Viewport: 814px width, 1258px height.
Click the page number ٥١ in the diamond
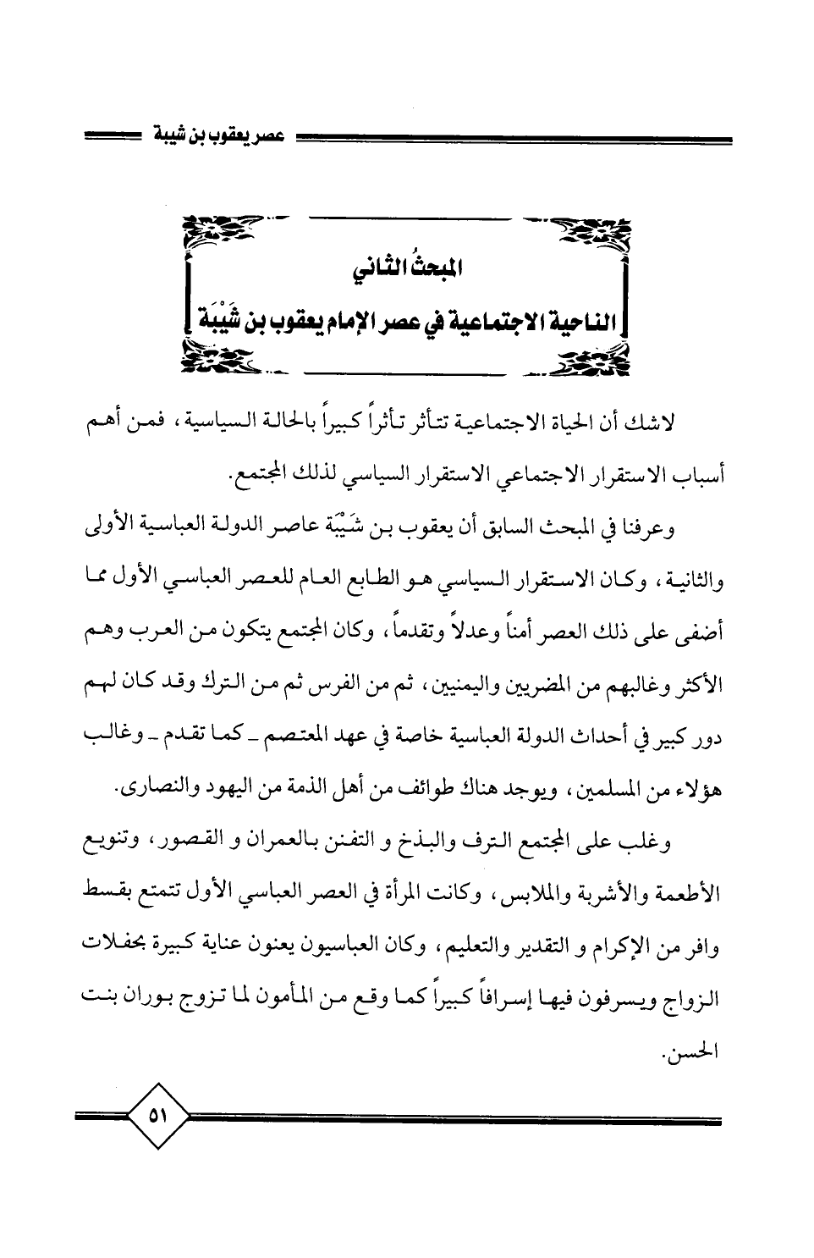[x=157, y=1117]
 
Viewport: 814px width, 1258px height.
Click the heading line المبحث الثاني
[x=409, y=273]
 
